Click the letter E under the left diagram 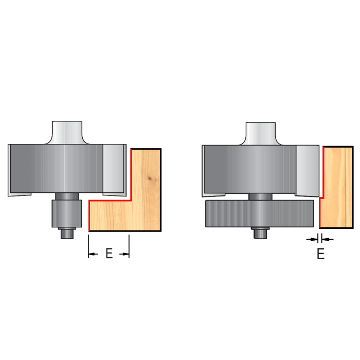coord(109,253)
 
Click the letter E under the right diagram coord(321,254)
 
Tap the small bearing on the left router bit coord(67,213)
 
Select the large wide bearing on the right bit coord(260,213)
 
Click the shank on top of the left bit coord(67,133)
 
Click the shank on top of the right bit coord(261,134)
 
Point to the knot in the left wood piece coord(150,178)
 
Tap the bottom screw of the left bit coord(67,233)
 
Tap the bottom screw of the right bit coord(260,233)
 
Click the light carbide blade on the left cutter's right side coord(114,170)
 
